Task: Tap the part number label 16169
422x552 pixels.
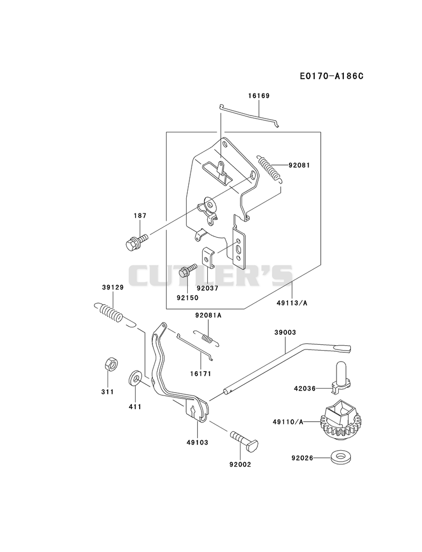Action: click(259, 96)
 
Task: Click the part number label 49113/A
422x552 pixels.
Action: click(293, 303)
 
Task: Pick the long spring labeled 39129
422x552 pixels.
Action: click(109, 312)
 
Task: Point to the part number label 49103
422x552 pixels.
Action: click(197, 442)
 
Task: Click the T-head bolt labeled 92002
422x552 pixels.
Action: click(244, 439)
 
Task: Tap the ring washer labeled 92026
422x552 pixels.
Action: click(340, 458)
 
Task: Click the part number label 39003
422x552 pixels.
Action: click(286, 332)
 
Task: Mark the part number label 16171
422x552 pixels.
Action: click(200, 374)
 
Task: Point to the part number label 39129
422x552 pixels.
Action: click(113, 287)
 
